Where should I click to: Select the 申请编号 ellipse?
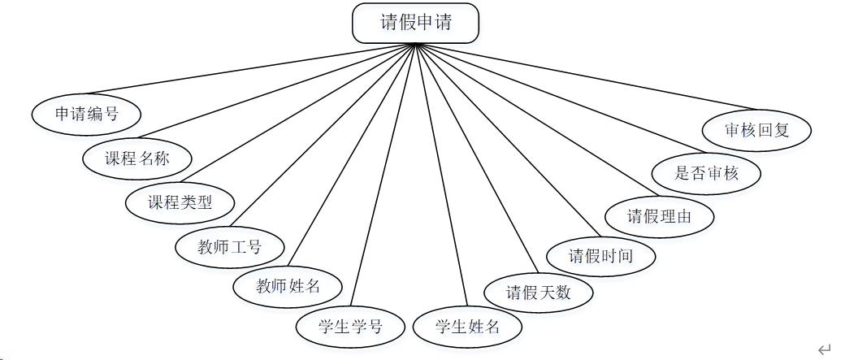coord(86,114)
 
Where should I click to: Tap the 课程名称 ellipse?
coord(136,158)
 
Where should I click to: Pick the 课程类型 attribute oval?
coord(180,202)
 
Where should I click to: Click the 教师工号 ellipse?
coord(230,246)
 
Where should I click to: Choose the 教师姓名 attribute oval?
coord(288,286)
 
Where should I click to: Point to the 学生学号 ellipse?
coord(350,327)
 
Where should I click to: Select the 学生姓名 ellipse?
coord(467,327)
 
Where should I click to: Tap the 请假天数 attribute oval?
coord(539,292)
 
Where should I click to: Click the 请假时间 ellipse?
coord(600,256)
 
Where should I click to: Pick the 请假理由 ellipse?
coord(660,215)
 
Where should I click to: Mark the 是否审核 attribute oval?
coord(707,172)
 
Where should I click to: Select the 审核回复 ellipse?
coord(756,129)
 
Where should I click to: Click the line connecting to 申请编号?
coord(252,69)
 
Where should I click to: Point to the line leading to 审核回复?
coord(580,76)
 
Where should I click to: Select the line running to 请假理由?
coord(526,120)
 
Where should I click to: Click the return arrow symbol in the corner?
coord(825,349)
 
